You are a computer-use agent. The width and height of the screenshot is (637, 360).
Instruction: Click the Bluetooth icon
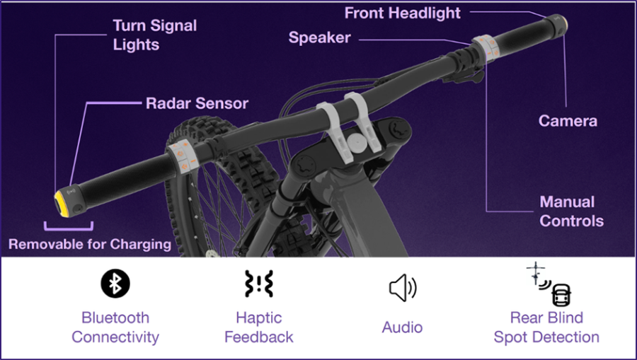pyautogui.click(x=115, y=283)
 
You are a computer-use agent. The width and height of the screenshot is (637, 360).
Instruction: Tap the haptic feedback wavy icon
pyautogui.click(x=259, y=284)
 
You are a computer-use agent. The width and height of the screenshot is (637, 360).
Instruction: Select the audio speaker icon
pyautogui.click(x=403, y=288)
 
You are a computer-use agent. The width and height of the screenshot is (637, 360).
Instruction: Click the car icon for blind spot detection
pyautogui.click(x=561, y=295)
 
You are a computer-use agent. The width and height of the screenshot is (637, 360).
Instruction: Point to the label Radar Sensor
pyautogui.click(x=197, y=103)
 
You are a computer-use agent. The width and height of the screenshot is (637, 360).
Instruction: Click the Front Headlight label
pyautogui.click(x=402, y=13)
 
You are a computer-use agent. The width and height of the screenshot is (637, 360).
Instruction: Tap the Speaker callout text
pyautogui.click(x=319, y=37)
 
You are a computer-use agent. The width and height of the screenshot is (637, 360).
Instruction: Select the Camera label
pyautogui.click(x=568, y=120)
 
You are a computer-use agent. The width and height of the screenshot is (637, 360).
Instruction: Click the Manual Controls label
pyautogui.click(x=571, y=211)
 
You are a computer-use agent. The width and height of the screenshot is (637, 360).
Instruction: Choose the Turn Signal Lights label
pyautogui.click(x=154, y=35)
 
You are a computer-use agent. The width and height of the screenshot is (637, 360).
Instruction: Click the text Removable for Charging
pyautogui.click(x=90, y=244)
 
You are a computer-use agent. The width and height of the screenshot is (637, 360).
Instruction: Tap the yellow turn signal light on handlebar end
pyautogui.click(x=60, y=204)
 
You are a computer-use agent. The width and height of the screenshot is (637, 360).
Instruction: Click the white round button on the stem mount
pyautogui.click(x=356, y=144)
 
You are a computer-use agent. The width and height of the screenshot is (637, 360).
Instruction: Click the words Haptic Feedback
pyautogui.click(x=259, y=327)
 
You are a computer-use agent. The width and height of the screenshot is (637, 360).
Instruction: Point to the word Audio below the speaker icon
pyautogui.click(x=402, y=327)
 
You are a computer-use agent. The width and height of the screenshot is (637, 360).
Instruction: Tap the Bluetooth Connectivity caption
pyautogui.click(x=115, y=327)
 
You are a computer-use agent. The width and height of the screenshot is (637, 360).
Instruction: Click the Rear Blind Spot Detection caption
pyautogui.click(x=546, y=327)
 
